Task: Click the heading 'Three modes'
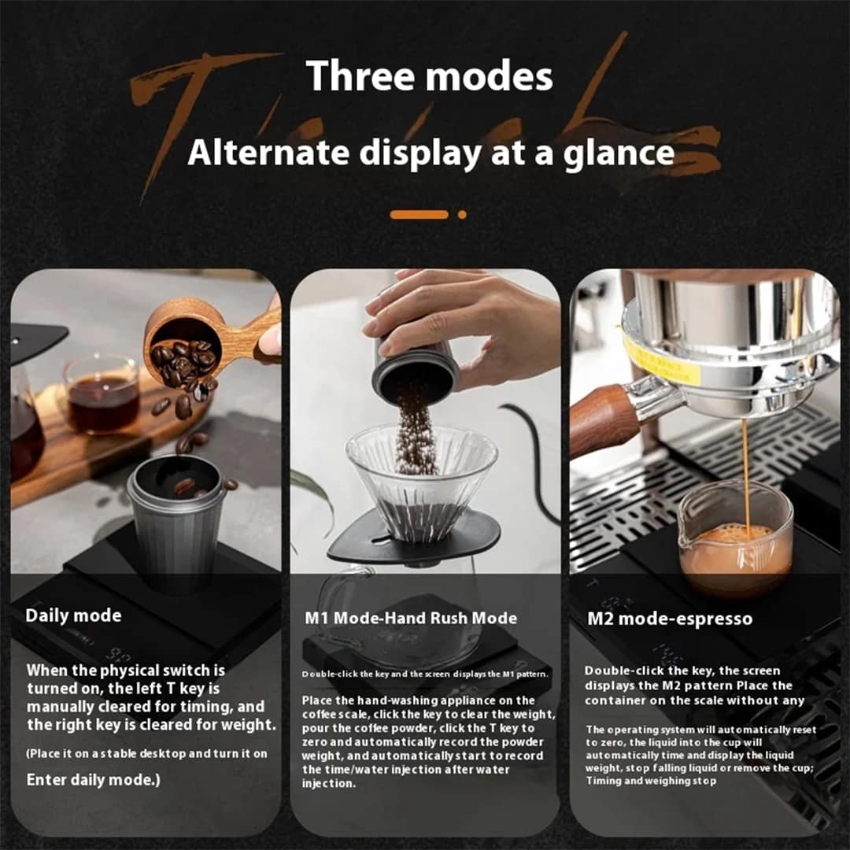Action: click(x=429, y=76)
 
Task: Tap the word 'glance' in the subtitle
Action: click(x=619, y=154)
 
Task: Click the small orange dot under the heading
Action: click(x=462, y=215)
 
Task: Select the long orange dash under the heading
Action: click(x=419, y=215)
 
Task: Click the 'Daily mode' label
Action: click(x=73, y=615)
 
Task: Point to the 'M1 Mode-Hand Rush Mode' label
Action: click(x=411, y=618)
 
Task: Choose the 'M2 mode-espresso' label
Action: click(x=670, y=619)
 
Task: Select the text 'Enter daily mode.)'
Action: click(x=93, y=780)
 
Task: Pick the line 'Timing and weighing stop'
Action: click(x=651, y=782)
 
